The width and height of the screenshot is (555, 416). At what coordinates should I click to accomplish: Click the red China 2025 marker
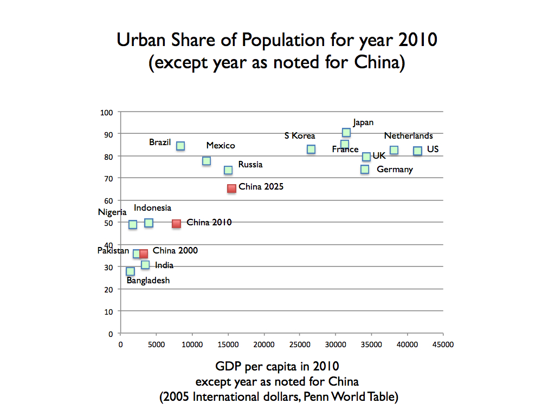pyautogui.click(x=231, y=188)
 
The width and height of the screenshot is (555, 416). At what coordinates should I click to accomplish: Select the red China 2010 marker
pyautogui.click(x=176, y=224)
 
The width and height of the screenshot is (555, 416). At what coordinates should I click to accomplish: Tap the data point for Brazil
pyautogui.click(x=180, y=146)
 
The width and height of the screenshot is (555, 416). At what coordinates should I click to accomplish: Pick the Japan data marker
pyautogui.click(x=346, y=133)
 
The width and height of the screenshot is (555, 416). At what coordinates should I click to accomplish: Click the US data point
pyautogui.click(x=417, y=151)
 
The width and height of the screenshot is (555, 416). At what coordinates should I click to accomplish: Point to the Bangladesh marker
pyautogui.click(x=130, y=271)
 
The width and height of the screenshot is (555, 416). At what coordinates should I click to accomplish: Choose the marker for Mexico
pyautogui.click(x=206, y=161)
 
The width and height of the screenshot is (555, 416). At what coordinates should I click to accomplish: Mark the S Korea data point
pyautogui.click(x=311, y=149)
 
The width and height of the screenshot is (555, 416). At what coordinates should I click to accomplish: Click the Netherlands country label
pyautogui.click(x=409, y=136)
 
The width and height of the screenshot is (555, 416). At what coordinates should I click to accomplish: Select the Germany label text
pyautogui.click(x=395, y=170)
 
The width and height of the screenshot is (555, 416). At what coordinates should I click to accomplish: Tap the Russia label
pyautogui.click(x=250, y=165)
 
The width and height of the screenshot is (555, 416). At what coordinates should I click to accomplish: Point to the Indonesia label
pyautogui.click(x=152, y=208)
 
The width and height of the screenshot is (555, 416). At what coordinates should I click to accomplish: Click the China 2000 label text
pyautogui.click(x=175, y=251)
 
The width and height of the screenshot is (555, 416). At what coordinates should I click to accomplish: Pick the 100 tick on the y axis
pyautogui.click(x=107, y=112)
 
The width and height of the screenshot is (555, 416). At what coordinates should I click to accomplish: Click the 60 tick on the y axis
pyautogui.click(x=108, y=201)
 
